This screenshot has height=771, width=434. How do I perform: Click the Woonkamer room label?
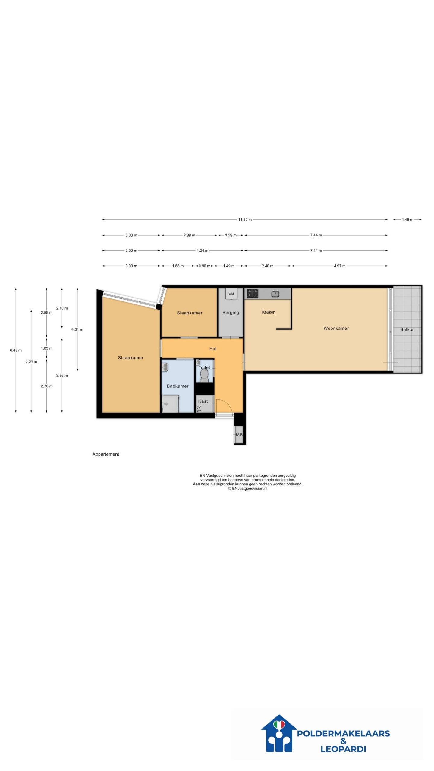coord(336,328)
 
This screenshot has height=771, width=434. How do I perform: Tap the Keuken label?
coord(269,312)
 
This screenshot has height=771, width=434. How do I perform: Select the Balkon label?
coord(407,329)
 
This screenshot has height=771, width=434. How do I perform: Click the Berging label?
coord(231,313)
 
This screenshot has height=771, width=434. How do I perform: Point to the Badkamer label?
coord(178,386)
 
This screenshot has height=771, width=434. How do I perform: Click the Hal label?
coord(213,348)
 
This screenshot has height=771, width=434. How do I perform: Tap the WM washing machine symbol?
coord(231,294)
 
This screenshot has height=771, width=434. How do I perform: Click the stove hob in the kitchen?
coord(253,293)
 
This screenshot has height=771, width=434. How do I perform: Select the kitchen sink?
coord(275,293)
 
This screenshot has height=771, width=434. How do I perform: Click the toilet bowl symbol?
coord(204,376)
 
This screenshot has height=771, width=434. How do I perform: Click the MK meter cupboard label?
coord(239,435)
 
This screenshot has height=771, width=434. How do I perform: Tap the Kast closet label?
coord(203,401)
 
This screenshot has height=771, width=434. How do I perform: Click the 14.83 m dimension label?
coord(245,220)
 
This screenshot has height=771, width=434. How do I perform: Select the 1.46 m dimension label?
coord(407,220)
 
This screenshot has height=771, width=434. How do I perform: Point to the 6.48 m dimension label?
coord(16,350)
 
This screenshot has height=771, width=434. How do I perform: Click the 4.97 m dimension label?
coord(340,266)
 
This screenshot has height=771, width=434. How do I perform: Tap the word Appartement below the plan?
coord(105,454)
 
